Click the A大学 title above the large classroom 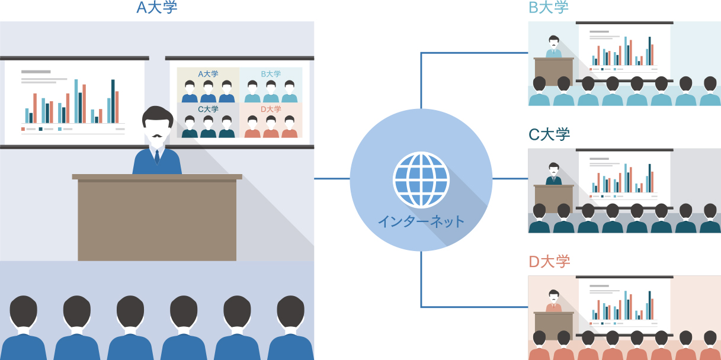click(x=157, y=7)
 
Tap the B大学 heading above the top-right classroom click(x=549, y=7)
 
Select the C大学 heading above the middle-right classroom click(x=549, y=134)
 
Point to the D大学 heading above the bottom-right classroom click(x=549, y=262)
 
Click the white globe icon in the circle click(x=421, y=180)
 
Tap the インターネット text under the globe click(x=421, y=221)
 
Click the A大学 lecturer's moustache click(x=157, y=136)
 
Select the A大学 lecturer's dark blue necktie click(x=157, y=157)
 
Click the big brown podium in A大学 click(x=157, y=217)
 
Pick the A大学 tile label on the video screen click(x=208, y=74)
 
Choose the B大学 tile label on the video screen click(x=271, y=74)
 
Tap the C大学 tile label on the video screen click(x=208, y=109)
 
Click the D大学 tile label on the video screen click(x=271, y=109)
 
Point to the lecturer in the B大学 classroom click(x=553, y=47)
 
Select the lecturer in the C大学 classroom click(x=553, y=173)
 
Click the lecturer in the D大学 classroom click(x=553, y=301)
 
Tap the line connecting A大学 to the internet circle click(x=332, y=179)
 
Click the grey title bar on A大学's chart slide click(x=36, y=72)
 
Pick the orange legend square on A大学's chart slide click(x=23, y=129)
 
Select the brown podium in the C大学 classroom click(x=553, y=198)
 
